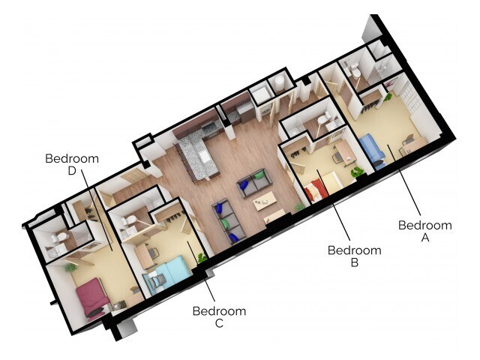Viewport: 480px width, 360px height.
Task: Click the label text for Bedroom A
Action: coord(424,230)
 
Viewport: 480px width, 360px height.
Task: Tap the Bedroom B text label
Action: coord(354,256)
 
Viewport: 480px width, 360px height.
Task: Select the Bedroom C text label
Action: coord(219,316)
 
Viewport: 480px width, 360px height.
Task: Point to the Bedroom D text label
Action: coord(72,164)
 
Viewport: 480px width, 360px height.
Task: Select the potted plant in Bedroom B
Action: coord(358,172)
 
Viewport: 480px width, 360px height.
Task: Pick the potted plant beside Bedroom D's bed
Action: coord(72,266)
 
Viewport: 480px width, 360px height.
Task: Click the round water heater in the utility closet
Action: coord(279,81)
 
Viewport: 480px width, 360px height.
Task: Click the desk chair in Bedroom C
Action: coord(153,253)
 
